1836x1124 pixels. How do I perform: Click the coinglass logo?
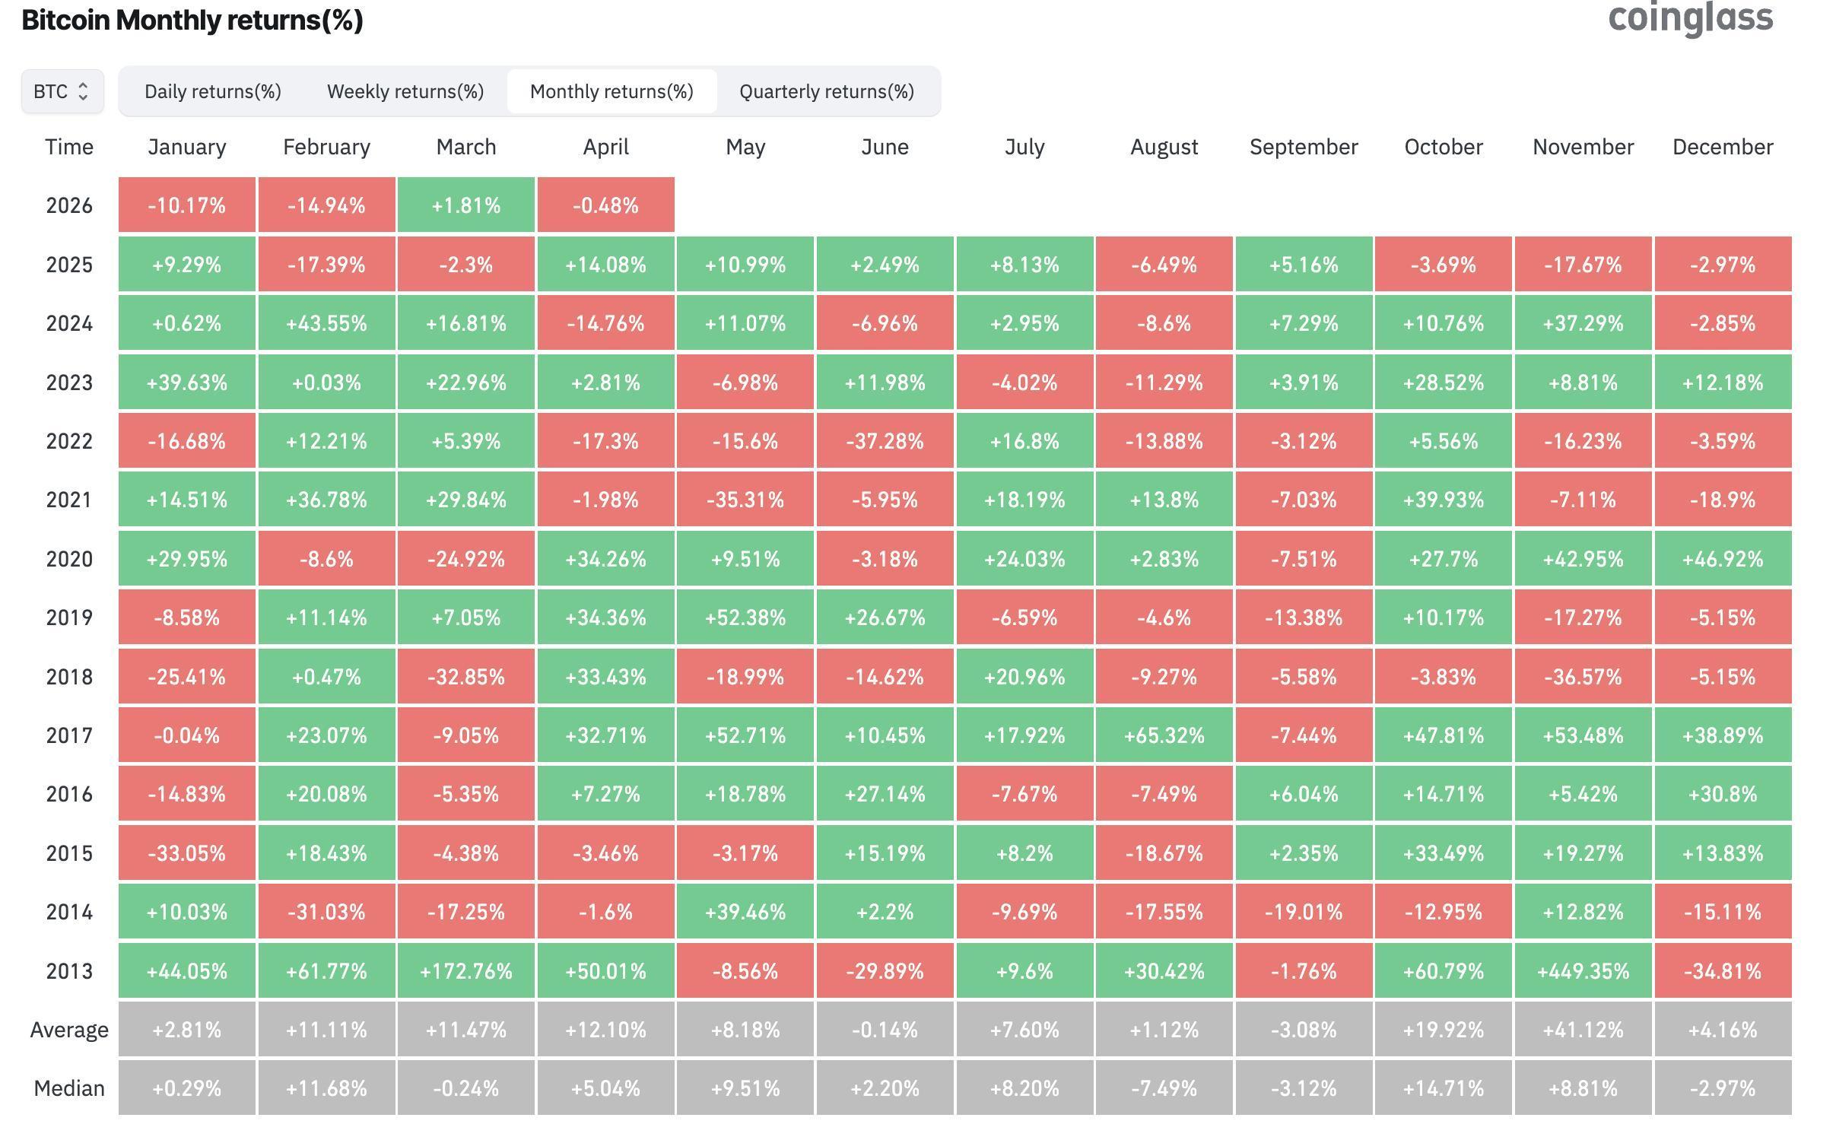pos(1690,18)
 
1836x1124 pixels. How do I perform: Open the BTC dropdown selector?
pos(62,91)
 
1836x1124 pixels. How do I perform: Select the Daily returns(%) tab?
pos(213,91)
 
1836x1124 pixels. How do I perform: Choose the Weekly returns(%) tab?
pos(405,91)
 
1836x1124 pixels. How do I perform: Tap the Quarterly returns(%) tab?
pos(827,91)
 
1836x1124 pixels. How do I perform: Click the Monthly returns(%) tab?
pos(611,91)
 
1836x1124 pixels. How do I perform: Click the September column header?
pos(1304,147)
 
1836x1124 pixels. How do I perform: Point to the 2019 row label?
pos(69,618)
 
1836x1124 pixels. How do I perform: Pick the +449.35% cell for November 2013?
pos(1583,971)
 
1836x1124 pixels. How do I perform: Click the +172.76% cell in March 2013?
pos(466,971)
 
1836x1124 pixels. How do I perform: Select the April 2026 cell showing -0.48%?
pos(605,205)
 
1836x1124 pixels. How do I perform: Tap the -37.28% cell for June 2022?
pos(885,441)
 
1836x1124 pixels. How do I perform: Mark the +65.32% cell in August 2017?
pos(1164,735)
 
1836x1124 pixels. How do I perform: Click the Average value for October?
pos(1443,1030)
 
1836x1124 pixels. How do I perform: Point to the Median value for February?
pos(326,1088)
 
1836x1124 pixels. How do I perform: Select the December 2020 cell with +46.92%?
pos(1723,559)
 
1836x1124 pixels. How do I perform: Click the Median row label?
pos(69,1088)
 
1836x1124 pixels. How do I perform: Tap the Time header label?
pos(69,147)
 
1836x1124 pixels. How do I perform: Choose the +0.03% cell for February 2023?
pos(326,383)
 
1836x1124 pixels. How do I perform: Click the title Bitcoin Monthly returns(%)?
pos(192,20)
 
